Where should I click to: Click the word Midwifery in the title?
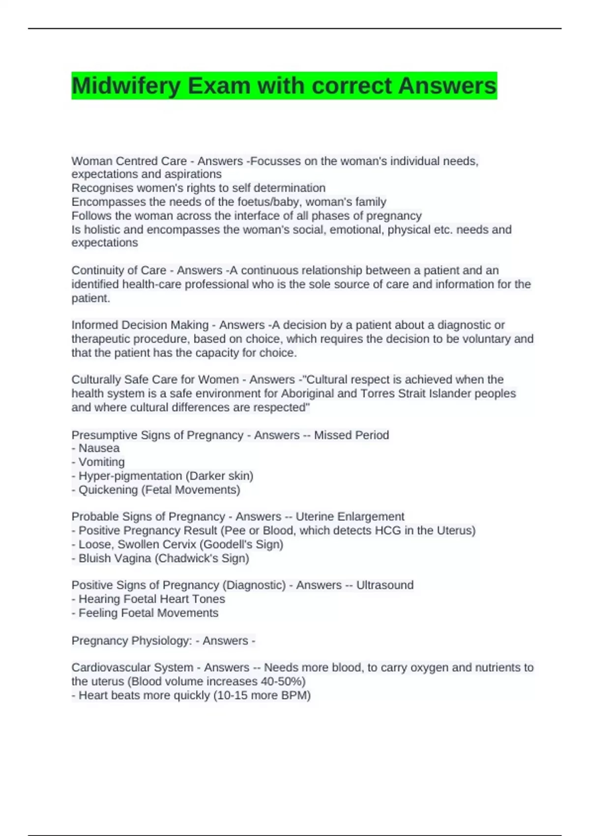(x=126, y=86)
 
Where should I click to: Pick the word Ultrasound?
(x=385, y=585)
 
